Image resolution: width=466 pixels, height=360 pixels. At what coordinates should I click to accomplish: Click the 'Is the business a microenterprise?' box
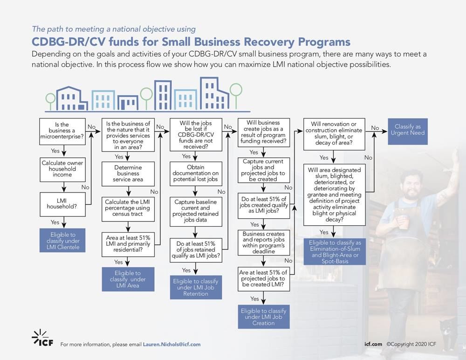(62, 132)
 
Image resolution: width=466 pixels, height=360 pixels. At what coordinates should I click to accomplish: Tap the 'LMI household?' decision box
(62, 204)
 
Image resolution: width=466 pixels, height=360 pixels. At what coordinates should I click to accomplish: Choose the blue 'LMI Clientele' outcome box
(62, 241)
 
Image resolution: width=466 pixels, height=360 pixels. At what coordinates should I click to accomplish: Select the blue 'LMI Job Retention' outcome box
(195, 287)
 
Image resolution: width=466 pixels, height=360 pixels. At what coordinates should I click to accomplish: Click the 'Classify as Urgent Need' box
(407, 131)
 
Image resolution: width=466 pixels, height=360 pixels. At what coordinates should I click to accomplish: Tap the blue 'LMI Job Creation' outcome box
(264, 317)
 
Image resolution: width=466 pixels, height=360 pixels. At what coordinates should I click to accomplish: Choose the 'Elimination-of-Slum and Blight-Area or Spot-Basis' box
(335, 252)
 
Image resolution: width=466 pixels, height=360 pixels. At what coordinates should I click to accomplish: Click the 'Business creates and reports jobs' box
(264, 242)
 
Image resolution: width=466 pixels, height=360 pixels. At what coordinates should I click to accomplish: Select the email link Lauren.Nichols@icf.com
(171, 344)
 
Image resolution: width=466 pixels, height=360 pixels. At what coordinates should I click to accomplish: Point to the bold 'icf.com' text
(373, 344)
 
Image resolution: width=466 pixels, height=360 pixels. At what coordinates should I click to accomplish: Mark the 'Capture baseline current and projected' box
(195, 210)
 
